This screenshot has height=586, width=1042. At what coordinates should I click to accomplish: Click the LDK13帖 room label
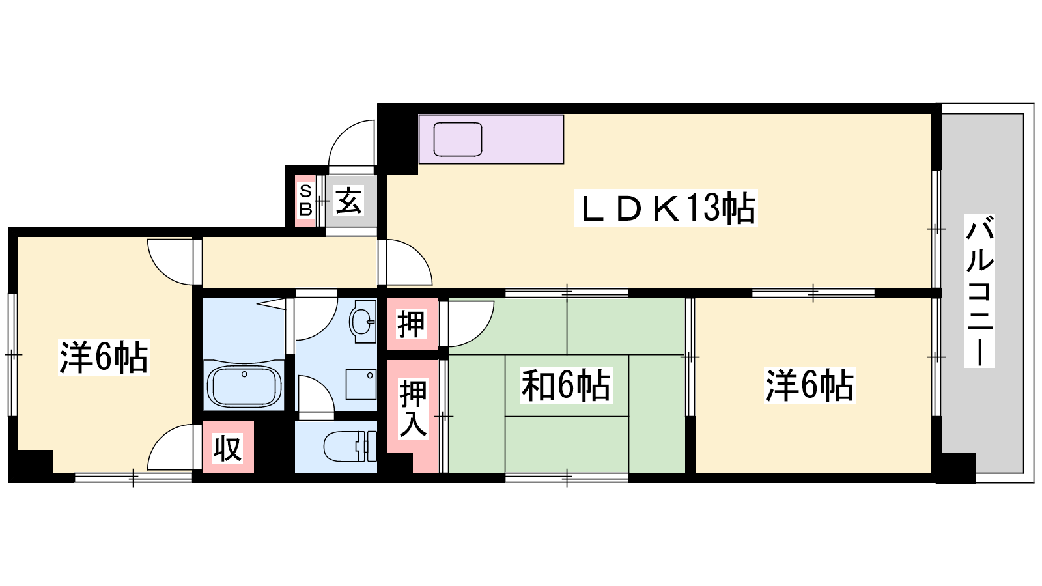666,208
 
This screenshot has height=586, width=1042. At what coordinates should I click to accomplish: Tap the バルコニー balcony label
979,290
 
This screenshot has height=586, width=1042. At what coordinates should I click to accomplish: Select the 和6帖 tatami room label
566,385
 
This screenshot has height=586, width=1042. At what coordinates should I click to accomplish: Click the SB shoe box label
305,201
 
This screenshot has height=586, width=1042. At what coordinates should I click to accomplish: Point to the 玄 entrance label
349,201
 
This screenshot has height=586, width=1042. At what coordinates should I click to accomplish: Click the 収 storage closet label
227,448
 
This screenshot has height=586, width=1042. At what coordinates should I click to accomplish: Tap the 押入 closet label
413,408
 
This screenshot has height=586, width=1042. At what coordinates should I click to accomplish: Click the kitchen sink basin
458,139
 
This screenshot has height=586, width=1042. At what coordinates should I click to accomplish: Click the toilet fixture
350,447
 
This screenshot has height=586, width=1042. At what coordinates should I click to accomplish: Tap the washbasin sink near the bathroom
363,321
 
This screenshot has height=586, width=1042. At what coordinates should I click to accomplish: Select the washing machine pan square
361,385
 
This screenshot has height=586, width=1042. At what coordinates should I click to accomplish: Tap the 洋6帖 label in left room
104,357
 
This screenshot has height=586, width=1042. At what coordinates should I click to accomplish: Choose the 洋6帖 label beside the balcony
810,385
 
